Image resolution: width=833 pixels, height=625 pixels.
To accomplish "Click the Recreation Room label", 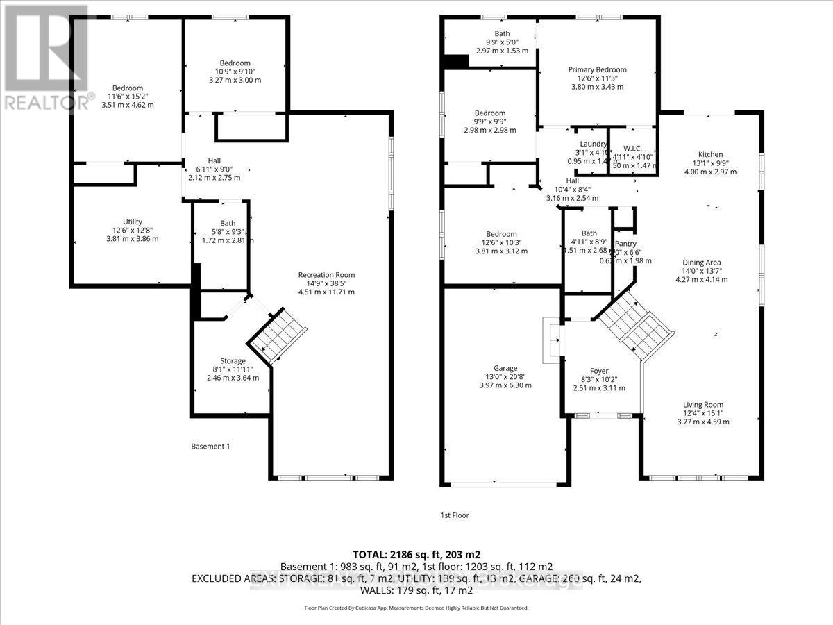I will [x=326, y=274].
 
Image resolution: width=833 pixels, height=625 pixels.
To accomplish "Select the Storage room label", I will [x=233, y=361].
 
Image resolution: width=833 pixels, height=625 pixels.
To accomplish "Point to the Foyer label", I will [x=599, y=371].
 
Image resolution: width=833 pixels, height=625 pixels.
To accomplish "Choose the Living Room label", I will [x=704, y=405].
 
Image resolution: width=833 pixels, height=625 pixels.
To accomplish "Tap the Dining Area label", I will [x=702, y=262].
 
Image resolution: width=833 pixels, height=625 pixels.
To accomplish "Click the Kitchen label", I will [x=710, y=155].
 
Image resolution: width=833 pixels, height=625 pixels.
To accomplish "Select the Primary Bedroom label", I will [x=597, y=69].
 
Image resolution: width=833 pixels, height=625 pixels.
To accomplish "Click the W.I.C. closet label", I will [x=632, y=147].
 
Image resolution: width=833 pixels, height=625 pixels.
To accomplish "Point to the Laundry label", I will [x=594, y=144].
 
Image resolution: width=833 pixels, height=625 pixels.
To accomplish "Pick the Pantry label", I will [x=625, y=244].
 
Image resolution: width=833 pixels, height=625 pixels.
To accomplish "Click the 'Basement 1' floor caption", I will [x=210, y=446].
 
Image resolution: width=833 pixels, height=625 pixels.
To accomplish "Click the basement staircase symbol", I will [x=277, y=335].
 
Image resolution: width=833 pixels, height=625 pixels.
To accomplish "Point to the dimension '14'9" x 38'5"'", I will [x=326, y=283].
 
